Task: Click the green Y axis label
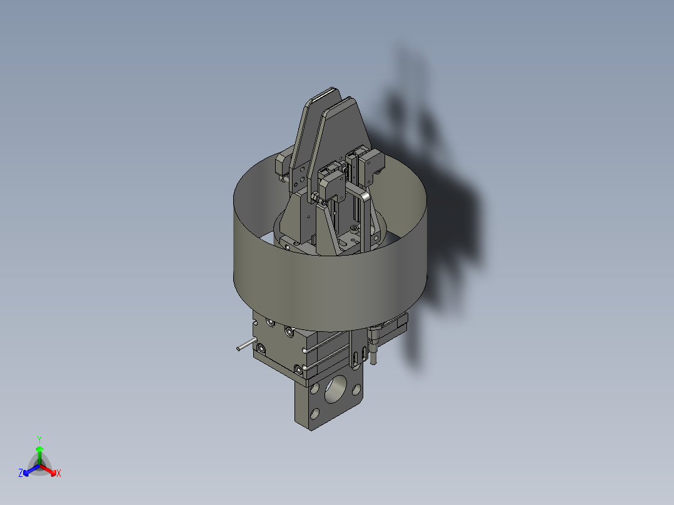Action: [39, 439]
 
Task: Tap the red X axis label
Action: [59, 473]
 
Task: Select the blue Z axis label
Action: [20, 472]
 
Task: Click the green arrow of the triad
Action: [39, 456]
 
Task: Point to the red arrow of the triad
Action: [48, 470]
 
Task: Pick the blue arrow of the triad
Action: [31, 470]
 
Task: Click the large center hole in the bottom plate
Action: [335, 389]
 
